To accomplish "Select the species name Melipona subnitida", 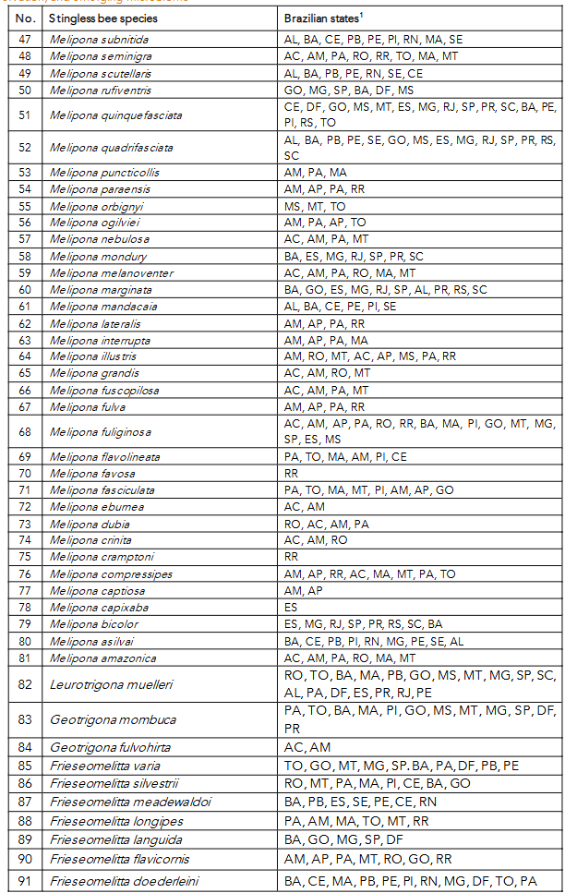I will click(x=99, y=40).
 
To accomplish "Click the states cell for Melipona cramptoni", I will click(x=292, y=557).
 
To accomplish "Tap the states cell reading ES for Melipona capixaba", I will click(x=291, y=608).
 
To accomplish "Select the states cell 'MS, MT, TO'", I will click(x=315, y=206).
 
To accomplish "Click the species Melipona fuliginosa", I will click(x=100, y=431).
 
